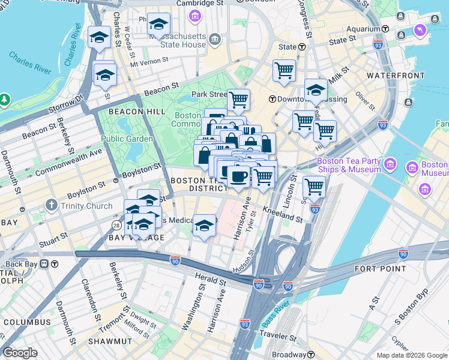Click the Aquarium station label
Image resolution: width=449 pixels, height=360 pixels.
tap(364, 28)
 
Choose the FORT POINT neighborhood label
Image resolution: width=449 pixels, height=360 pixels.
tap(397, 268)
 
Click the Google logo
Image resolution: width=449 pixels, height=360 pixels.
tap(20, 353)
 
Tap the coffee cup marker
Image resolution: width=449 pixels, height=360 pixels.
tap(239, 176)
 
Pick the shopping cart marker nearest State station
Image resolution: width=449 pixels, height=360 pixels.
tap(284, 70)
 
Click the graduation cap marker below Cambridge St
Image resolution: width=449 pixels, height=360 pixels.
tap(158, 24)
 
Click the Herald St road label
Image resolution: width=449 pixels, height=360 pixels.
tap(211, 279)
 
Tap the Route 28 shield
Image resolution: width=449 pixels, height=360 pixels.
tap(116, 224)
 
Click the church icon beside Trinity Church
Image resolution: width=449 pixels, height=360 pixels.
tap(52, 206)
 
